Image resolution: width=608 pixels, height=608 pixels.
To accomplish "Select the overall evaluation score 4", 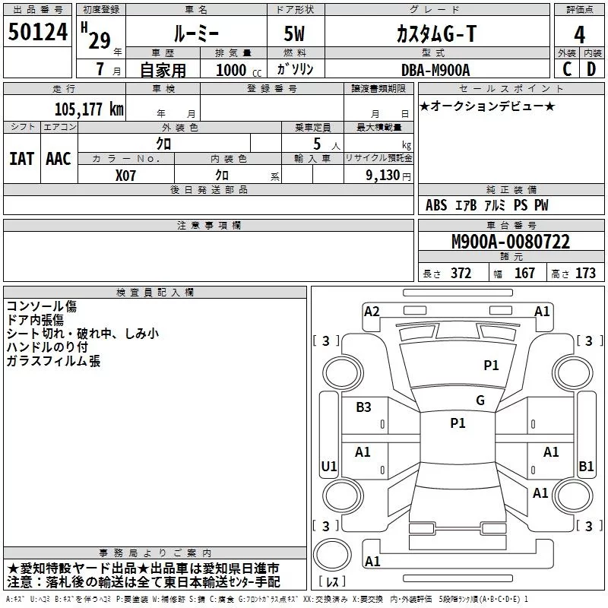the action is point(579,35).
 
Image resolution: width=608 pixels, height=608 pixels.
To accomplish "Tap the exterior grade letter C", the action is point(566,68).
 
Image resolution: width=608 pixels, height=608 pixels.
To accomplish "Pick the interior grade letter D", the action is point(591,68).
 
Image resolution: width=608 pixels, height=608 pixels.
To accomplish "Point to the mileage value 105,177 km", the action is point(89,109).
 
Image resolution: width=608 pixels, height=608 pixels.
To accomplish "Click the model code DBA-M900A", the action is point(435,69).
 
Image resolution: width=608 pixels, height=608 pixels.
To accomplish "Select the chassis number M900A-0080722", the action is point(510,242).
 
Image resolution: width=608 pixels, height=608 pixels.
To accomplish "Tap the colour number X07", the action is point(126,174).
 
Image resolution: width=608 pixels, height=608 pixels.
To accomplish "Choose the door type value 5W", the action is point(296,35).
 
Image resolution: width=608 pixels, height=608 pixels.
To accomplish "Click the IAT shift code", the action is point(21,158).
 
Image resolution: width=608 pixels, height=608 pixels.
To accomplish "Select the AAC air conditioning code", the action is point(58,158).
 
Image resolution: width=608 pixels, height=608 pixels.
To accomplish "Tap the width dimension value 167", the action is point(524,273).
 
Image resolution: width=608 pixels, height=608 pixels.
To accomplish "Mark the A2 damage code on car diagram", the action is point(372,311).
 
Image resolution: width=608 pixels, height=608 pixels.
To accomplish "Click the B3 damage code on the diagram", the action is point(363,407).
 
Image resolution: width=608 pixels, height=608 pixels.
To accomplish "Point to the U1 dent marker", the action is point(328,466).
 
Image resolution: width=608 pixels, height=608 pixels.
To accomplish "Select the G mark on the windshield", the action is point(480,401).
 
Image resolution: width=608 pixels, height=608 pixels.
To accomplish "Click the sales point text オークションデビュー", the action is point(487,106).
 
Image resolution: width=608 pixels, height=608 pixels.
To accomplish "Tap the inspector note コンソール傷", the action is point(41,306).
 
